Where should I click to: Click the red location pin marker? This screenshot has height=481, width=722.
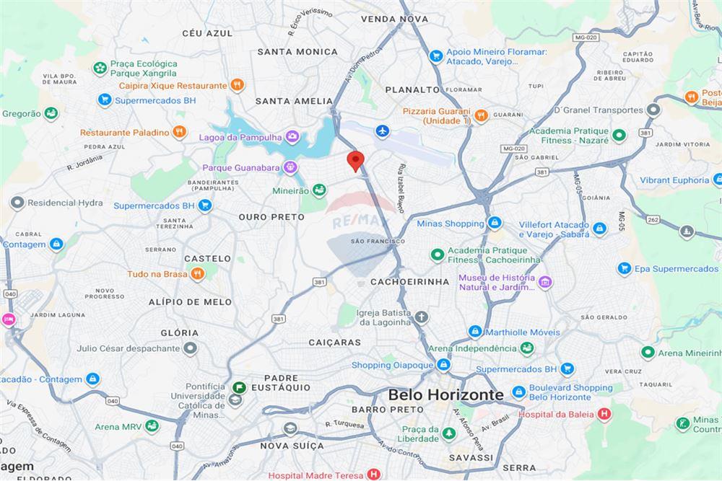point(355,160)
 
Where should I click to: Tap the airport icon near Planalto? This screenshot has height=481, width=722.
point(383,131)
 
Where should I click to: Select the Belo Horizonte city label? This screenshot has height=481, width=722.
point(445,394)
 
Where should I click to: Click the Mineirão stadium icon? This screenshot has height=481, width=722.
point(319,190)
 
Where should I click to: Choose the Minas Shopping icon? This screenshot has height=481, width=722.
point(495,224)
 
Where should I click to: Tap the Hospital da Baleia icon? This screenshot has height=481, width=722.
point(604,414)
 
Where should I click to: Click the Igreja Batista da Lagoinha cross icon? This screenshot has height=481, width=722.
point(422,317)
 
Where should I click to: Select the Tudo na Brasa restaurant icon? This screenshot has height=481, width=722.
point(195,274)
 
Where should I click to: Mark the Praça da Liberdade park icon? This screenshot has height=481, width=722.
point(449,433)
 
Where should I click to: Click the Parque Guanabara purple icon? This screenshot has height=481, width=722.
point(290,167)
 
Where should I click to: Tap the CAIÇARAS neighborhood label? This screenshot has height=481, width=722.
point(334,343)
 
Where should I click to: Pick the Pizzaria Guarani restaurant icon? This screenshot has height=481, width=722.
point(481,115)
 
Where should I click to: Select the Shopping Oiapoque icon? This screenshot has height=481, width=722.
point(443,365)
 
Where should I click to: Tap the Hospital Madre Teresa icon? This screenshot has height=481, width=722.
point(373,475)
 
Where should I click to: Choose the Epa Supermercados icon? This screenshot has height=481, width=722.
point(625,269)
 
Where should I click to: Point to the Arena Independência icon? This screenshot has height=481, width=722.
point(528,349)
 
